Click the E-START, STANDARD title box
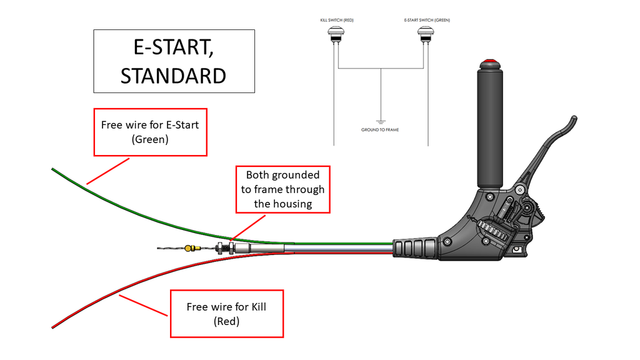pyautogui.click(x=174, y=61)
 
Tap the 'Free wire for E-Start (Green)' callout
pyautogui.click(x=150, y=132)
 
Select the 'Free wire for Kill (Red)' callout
pyautogui.click(x=226, y=314)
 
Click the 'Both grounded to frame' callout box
pyautogui.click(x=282, y=189)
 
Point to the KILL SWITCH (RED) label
pyautogui.click(x=337, y=21)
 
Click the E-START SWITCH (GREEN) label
pyautogui.click(x=427, y=21)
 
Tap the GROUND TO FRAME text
pyautogui.click(x=380, y=130)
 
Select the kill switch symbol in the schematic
pyautogui.click(x=337, y=35)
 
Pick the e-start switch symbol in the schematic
pyautogui.click(x=427, y=35)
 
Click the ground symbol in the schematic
pyautogui.click(x=380, y=121)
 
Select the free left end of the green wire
pyautogui.click(x=53, y=169)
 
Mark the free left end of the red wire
pyautogui.click(x=53, y=326)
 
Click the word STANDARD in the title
pyautogui.click(x=173, y=76)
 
